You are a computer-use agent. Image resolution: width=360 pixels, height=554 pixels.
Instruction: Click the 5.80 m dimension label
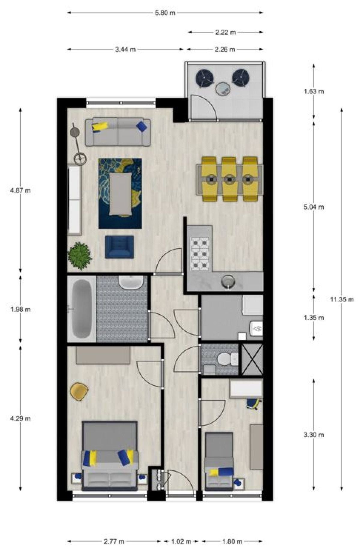point(165,13)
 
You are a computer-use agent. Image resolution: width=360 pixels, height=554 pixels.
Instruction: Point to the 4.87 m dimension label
point(20,190)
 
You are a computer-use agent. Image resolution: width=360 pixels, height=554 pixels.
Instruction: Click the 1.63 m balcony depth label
point(314,91)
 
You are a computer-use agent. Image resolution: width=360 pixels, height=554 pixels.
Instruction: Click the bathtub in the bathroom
point(81,309)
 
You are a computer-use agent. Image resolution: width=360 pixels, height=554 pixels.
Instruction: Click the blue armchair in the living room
point(119,247)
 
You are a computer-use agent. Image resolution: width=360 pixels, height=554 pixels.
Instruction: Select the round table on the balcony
point(224,89)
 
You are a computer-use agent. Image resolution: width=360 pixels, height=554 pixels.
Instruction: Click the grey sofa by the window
point(118,132)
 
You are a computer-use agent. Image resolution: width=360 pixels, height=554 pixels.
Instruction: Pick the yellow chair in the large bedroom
point(79,391)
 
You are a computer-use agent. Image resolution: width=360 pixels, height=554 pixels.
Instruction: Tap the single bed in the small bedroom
point(219,461)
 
